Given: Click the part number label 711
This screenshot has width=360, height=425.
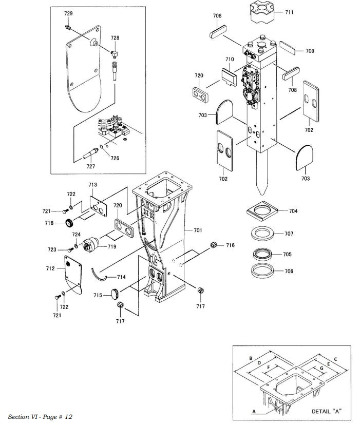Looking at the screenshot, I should coord(290,12).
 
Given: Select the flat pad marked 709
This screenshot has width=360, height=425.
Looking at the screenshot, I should coord(289,50).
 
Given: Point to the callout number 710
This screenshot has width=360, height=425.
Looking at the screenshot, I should coord(229,60).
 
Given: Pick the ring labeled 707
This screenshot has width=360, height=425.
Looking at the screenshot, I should coord(264,234).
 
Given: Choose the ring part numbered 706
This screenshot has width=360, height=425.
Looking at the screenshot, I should coord(264,270).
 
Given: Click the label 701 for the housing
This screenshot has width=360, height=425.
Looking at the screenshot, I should coord(198,230).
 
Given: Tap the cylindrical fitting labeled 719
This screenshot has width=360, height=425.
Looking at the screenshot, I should coord(92,245).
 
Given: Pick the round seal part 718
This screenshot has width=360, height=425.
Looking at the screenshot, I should coord(69,223).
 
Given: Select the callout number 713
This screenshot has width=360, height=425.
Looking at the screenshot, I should coord(92,184).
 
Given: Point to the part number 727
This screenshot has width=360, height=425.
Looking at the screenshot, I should coord(90,166).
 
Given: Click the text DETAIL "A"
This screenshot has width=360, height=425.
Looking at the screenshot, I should coord(327,412).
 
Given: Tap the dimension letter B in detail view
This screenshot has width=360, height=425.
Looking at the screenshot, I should coord(250,357).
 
